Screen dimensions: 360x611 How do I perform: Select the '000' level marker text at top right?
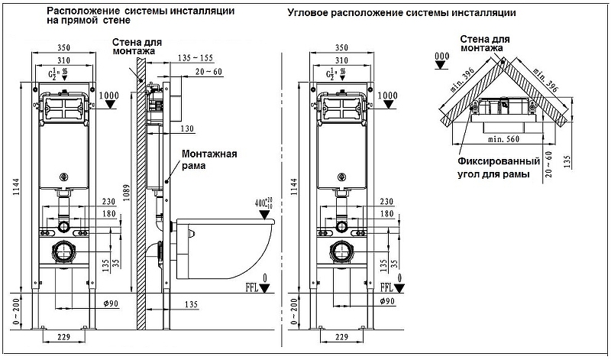pos(441,57)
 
